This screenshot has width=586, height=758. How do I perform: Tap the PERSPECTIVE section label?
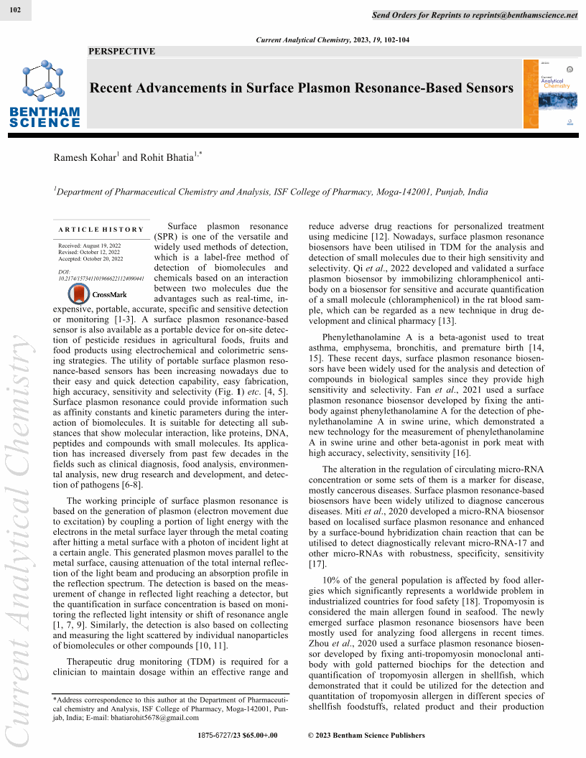(x=121, y=52)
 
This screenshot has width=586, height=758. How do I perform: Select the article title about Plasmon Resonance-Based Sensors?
(x=301, y=88)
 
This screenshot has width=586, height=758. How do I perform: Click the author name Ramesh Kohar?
(x=85, y=157)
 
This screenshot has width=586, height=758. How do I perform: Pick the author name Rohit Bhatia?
(x=167, y=157)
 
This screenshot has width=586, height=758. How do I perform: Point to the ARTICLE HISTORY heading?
(x=101, y=230)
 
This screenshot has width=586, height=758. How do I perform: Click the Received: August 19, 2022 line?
(x=90, y=245)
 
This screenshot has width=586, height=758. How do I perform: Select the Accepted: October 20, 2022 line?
(x=90, y=258)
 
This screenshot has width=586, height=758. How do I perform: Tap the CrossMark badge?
(x=98, y=294)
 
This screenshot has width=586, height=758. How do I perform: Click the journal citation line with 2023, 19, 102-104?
(x=332, y=40)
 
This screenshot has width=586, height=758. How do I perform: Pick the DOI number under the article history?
(x=101, y=278)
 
